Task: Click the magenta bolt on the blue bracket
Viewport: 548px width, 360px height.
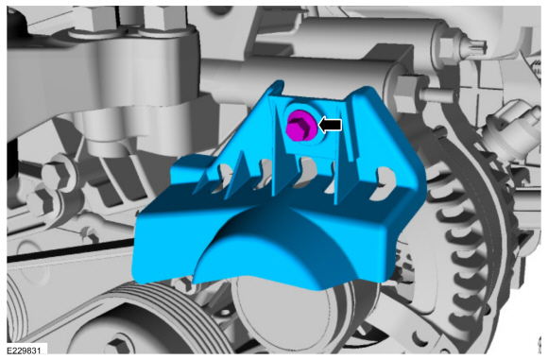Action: click(x=300, y=128)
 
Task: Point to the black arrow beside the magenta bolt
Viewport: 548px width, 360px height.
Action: click(x=331, y=125)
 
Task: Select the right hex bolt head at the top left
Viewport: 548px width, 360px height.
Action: click(x=163, y=18)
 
